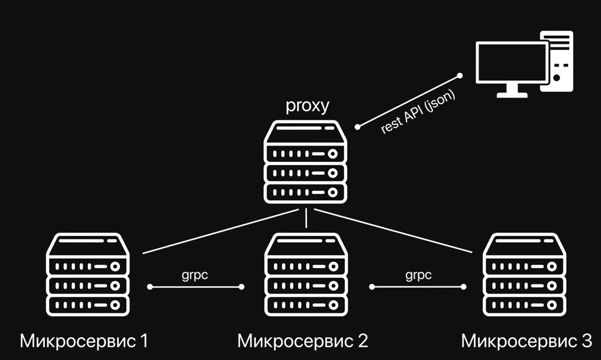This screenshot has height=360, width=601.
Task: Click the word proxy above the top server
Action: click(307, 106)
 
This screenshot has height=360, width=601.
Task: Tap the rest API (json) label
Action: click(418, 112)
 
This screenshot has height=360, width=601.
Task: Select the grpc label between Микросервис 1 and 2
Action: click(195, 275)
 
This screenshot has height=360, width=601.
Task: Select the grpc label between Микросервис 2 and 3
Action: click(418, 275)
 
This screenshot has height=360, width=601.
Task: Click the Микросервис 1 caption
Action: click(84, 341)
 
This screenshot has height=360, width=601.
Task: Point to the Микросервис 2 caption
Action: click(302, 341)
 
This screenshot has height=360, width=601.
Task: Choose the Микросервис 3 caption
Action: click(526, 341)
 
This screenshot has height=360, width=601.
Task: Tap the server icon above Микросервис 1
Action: click(88, 275)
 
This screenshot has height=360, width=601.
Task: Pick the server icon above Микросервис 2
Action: click(306, 275)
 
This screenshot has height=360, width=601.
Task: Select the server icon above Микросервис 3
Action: click(524, 275)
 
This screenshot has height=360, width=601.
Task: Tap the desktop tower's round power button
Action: click(556, 78)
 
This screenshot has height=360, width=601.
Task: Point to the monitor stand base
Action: click(512, 95)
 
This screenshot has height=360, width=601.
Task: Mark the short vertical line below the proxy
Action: click(306, 219)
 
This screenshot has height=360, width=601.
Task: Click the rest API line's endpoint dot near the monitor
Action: click(459, 76)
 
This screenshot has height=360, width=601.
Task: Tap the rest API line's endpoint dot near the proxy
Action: click(358, 127)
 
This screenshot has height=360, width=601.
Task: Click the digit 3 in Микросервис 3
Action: click(587, 341)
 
